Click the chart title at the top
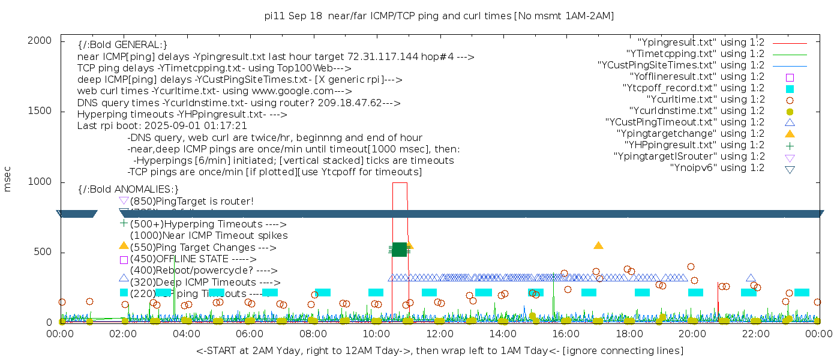(x=439, y=16)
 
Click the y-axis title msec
(x=8, y=179)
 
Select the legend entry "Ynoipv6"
(x=717, y=168)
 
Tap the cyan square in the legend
(x=790, y=89)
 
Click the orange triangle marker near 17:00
(x=598, y=245)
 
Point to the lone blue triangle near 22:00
(x=751, y=278)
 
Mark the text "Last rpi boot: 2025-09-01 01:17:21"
(x=162, y=126)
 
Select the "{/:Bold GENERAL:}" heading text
(x=122, y=45)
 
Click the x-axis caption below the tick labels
(x=439, y=350)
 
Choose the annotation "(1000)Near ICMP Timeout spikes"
(x=208, y=236)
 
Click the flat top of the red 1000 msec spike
(x=400, y=182)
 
